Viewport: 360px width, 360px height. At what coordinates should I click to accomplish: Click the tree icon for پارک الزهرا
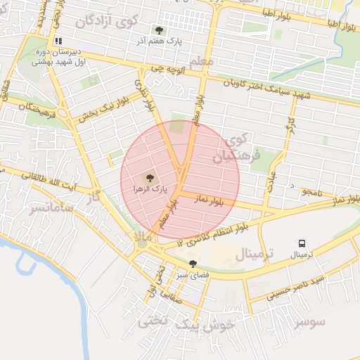click(149, 177)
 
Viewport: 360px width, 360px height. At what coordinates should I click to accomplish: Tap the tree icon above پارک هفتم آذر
click(160, 30)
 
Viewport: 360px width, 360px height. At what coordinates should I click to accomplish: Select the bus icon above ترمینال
click(302, 243)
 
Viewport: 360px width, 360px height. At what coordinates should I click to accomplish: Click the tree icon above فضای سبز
click(193, 264)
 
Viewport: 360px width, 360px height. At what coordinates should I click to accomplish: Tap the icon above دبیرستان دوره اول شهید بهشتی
click(58, 41)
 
